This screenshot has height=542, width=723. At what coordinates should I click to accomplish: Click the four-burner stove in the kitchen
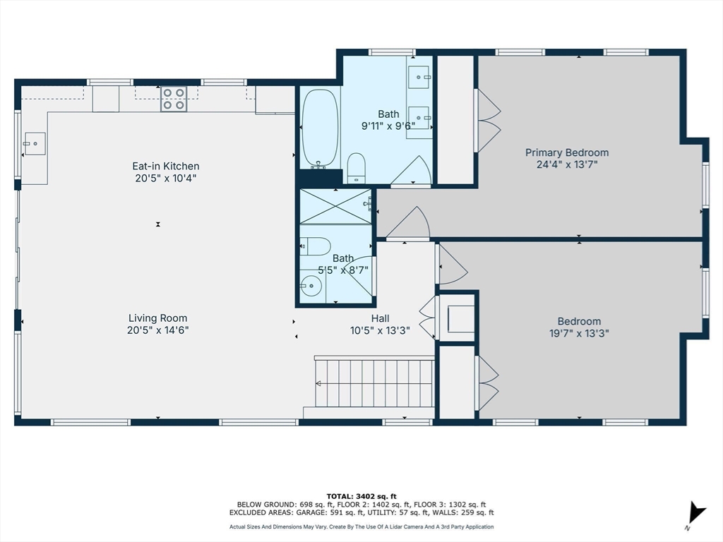[174, 99]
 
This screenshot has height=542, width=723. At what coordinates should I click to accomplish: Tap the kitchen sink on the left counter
[34, 144]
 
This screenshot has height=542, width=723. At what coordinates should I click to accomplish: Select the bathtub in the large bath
[320, 128]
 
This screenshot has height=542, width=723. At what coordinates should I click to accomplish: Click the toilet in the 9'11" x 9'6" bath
[356, 167]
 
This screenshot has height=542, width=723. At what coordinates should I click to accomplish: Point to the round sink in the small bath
[311, 286]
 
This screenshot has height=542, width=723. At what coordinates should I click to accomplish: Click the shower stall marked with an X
[335, 205]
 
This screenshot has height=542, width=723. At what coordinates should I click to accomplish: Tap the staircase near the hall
[374, 383]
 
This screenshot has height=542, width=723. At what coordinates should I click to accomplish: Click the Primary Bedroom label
[566, 152]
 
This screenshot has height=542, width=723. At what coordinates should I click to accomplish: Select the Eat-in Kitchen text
[165, 166]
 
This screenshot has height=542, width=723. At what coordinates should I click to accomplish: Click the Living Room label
[157, 318]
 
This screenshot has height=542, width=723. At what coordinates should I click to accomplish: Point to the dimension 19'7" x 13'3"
[579, 333]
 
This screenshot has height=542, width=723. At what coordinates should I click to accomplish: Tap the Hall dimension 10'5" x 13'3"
[380, 330]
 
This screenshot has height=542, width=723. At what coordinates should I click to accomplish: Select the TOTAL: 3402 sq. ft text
[361, 496]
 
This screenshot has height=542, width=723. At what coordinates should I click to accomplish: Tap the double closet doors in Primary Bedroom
[487, 120]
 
